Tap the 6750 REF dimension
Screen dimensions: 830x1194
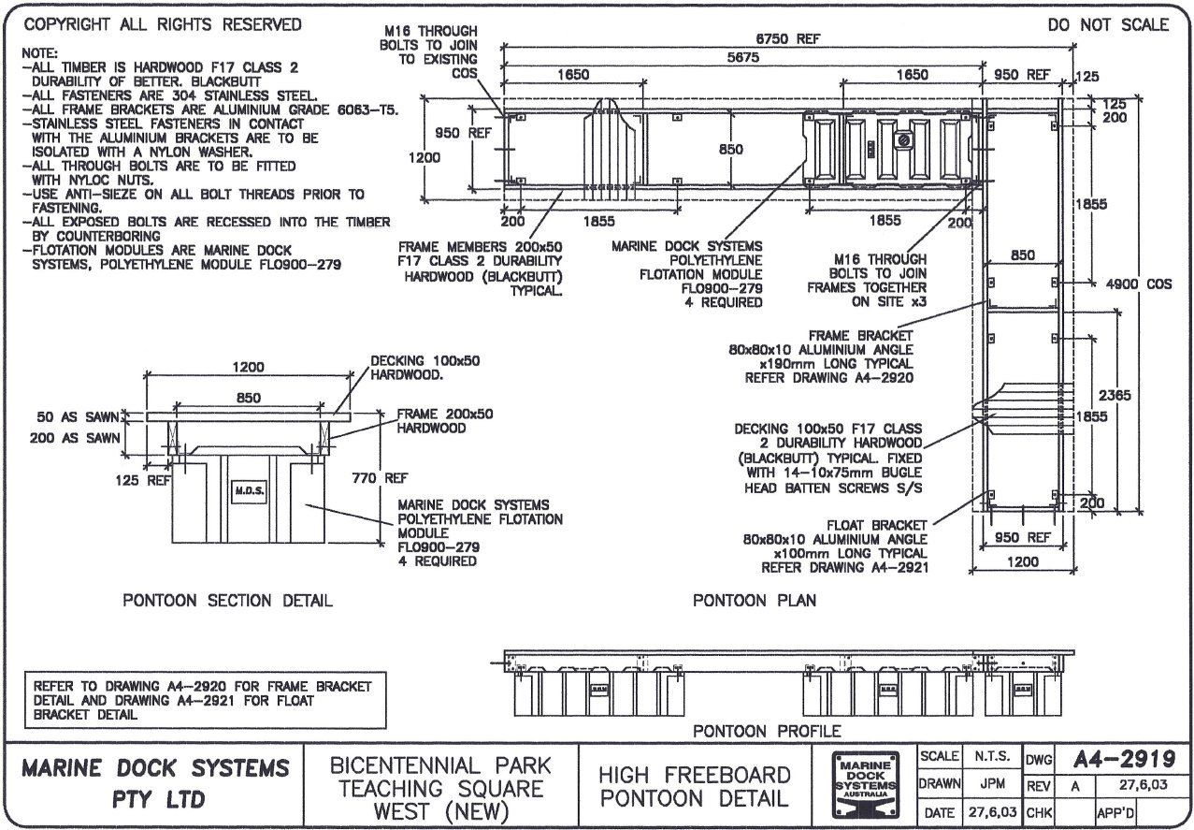pyautogui.click(x=788, y=38)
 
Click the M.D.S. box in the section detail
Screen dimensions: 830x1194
pyautogui.click(x=245, y=490)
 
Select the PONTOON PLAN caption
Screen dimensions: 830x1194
pyautogui.click(x=754, y=600)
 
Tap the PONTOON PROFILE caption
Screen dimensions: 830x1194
pyautogui.click(x=766, y=730)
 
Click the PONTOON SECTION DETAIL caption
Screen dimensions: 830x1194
pyautogui.click(x=227, y=600)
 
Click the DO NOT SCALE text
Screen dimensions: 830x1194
pyautogui.click(x=1108, y=25)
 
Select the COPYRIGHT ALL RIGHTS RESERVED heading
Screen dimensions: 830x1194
pyautogui.click(x=162, y=25)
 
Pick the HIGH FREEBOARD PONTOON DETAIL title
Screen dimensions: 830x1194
pyautogui.click(x=694, y=787)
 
